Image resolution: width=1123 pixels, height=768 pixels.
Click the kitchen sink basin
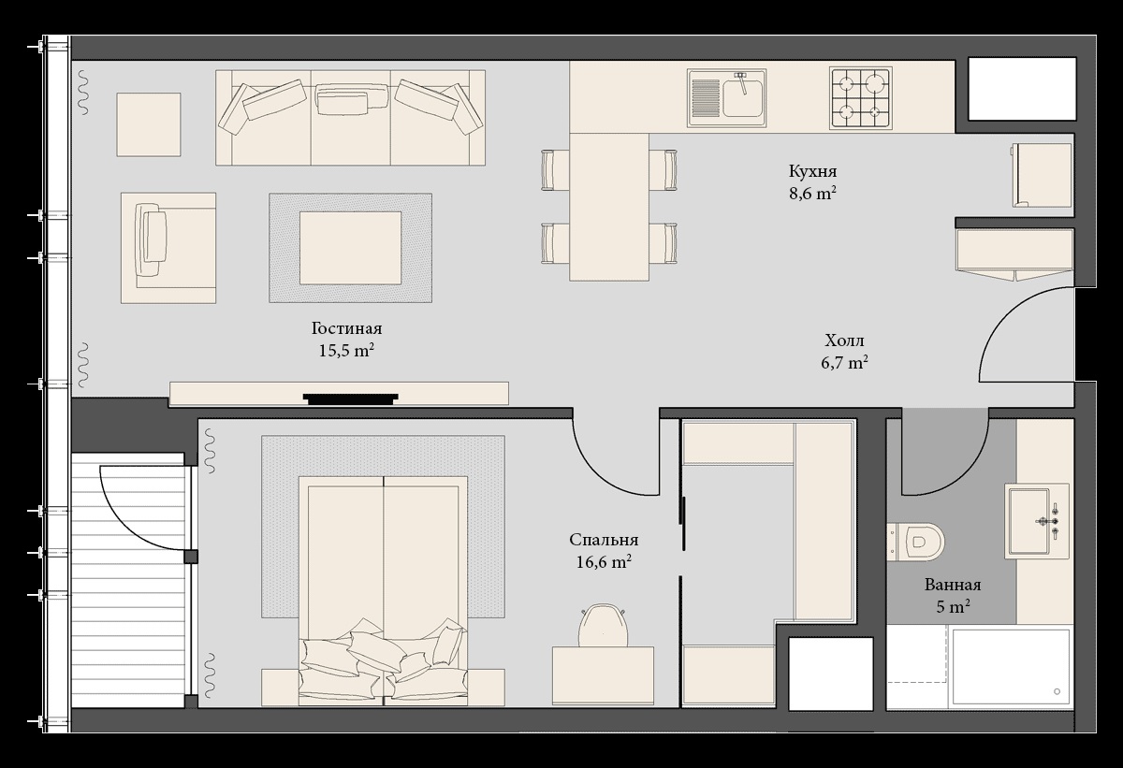click(727, 97)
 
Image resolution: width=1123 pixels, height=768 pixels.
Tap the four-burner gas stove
click(861, 98)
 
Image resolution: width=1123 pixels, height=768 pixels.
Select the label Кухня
click(812, 171)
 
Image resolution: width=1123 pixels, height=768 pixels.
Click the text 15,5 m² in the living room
click(346, 350)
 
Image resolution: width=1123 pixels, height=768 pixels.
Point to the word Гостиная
click(346, 328)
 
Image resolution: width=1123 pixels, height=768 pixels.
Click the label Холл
click(845, 341)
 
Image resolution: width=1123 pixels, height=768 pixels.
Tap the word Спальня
click(604, 540)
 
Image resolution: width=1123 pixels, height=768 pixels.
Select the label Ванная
click(953, 585)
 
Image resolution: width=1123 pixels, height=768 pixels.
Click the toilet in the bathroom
click(915, 542)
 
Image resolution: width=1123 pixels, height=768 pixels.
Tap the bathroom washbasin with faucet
click(1036, 521)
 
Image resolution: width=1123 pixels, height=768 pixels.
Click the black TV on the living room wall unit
click(350, 398)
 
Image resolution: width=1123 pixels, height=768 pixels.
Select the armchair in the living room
click(168, 248)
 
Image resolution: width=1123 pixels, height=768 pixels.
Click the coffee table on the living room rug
click(350, 248)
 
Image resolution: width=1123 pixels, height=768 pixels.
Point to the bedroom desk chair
click(603, 625)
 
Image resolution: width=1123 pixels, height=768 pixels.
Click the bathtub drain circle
click(1057, 691)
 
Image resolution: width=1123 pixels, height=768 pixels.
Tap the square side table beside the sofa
click(149, 124)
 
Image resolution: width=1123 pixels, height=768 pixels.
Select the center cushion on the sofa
click(353, 98)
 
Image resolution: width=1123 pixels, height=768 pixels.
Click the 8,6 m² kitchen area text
click(812, 193)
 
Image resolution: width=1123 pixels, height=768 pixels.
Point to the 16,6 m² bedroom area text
click(604, 562)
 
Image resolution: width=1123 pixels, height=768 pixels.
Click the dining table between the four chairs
click(609, 207)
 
